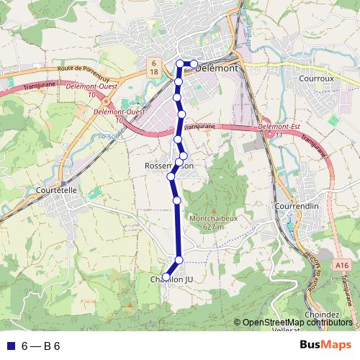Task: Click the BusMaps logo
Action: pyautogui.click(x=325, y=345)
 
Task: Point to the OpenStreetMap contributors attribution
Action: pyautogui.click(x=297, y=323)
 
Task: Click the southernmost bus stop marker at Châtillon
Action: pyautogui.click(x=166, y=276)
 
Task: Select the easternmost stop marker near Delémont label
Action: pyautogui.click(x=194, y=63)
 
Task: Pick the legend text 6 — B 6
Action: pyautogui.click(x=40, y=346)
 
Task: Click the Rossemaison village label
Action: pyautogui.click(x=169, y=166)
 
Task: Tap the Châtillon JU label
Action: pyautogui.click(x=171, y=279)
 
